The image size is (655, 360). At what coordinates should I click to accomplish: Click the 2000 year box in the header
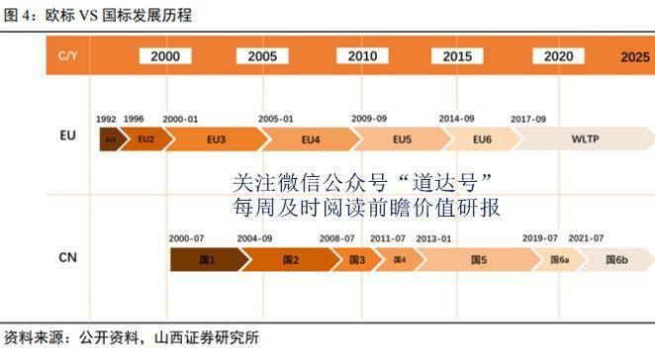pos(165,56)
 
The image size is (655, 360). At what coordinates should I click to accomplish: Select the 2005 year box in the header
pos(262,56)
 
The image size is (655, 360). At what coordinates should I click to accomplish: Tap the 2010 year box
pos(362,56)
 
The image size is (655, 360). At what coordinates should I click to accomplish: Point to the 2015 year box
pos(457,56)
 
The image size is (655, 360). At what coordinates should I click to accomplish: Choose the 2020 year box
pos(558,56)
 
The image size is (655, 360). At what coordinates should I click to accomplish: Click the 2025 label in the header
pos(634,57)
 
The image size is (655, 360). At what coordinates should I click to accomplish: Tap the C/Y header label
pos(68,57)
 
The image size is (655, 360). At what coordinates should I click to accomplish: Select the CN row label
pos(68,258)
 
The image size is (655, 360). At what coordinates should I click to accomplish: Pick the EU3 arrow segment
pos(216,139)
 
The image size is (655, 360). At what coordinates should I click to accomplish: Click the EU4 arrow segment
pos(310,139)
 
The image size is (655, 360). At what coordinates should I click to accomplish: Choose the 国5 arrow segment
pos(479,260)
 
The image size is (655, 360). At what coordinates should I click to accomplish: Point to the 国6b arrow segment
pos(616,260)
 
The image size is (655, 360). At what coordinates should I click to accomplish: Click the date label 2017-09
pos(528,119)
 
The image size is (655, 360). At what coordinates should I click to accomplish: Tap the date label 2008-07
pos(336,238)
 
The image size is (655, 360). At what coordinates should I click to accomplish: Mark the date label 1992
pos(106,119)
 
